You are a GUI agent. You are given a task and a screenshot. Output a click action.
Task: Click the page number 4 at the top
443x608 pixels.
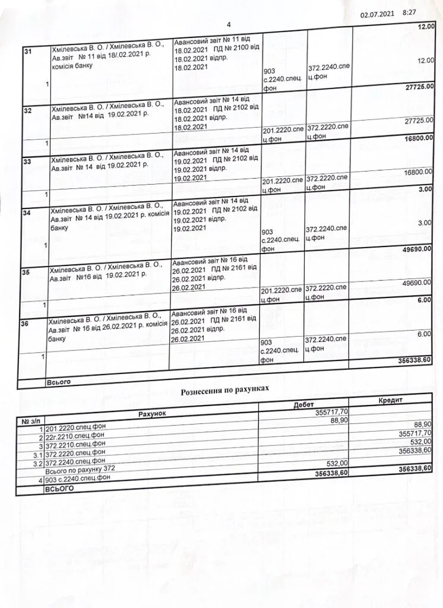[228, 24]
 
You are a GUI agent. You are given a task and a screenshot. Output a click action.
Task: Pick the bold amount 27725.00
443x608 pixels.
[418, 87]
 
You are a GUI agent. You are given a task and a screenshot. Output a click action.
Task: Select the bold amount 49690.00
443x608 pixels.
[417, 249]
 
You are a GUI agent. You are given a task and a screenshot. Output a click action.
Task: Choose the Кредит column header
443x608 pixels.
[390, 401]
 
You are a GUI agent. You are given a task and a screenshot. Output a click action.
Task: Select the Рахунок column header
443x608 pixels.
[154, 413]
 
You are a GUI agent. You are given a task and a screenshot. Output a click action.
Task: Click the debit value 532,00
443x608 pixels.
[336, 463]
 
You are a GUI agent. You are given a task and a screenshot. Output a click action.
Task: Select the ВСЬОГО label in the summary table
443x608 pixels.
[59, 488]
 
